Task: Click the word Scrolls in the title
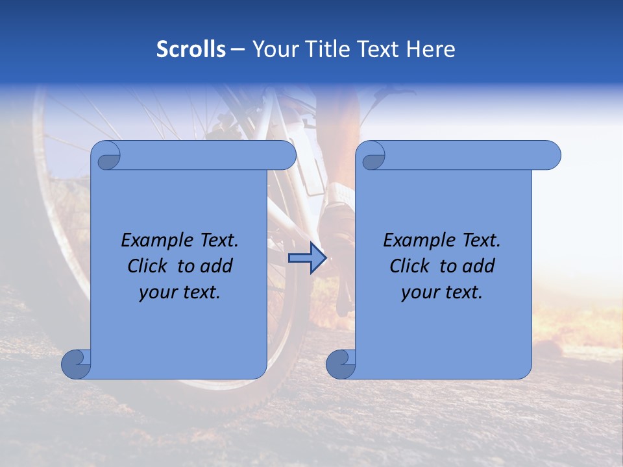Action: [191, 49]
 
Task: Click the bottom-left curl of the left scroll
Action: [76, 365]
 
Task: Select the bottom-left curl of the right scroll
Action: [341, 365]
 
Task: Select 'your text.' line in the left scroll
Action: [180, 292]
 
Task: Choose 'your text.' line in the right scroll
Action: [442, 292]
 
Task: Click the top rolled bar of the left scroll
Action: [208, 156]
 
